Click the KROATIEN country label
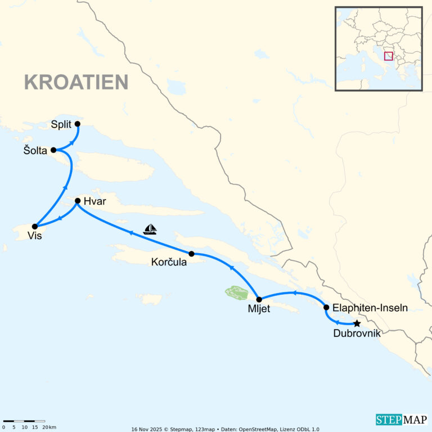[x=76, y=82]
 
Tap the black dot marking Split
[x=78, y=124]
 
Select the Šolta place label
[x=35, y=150]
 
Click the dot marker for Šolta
[x=53, y=150]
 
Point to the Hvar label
[x=94, y=201]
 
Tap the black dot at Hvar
[x=78, y=200]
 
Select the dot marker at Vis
[x=35, y=226]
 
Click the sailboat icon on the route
[x=150, y=229]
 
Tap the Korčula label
[x=169, y=262]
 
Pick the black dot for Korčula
[x=191, y=254]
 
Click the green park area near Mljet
[x=236, y=292]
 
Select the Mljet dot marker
[x=259, y=299]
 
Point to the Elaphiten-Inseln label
[x=370, y=308]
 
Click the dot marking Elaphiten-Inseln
[x=326, y=307]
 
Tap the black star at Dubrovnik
[x=357, y=323]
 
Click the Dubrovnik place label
[x=357, y=334]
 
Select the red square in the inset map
[x=388, y=56]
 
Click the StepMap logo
[x=401, y=420]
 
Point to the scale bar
[x=24, y=421]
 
